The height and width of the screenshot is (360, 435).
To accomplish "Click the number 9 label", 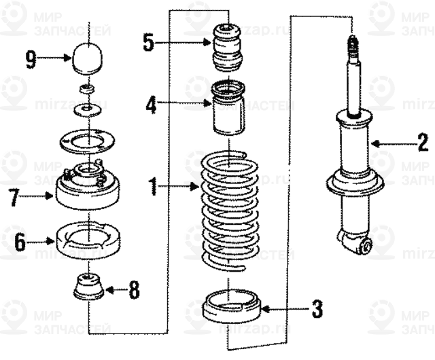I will point(31,60).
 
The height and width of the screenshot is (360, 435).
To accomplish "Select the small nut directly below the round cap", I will point(86,89).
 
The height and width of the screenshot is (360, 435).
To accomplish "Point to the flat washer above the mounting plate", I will point(86,109).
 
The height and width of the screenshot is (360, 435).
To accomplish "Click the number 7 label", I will point(13,198).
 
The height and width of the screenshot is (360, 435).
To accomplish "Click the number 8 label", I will point(134,291).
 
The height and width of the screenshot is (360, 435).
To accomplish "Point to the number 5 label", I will point(149,43).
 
